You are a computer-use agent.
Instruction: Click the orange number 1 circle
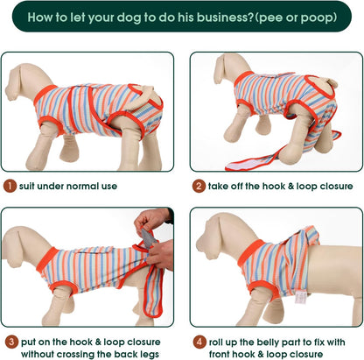(x=10, y=186)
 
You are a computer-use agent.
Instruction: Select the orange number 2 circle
(x=199, y=186)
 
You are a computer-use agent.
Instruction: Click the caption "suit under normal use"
(x=70, y=186)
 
